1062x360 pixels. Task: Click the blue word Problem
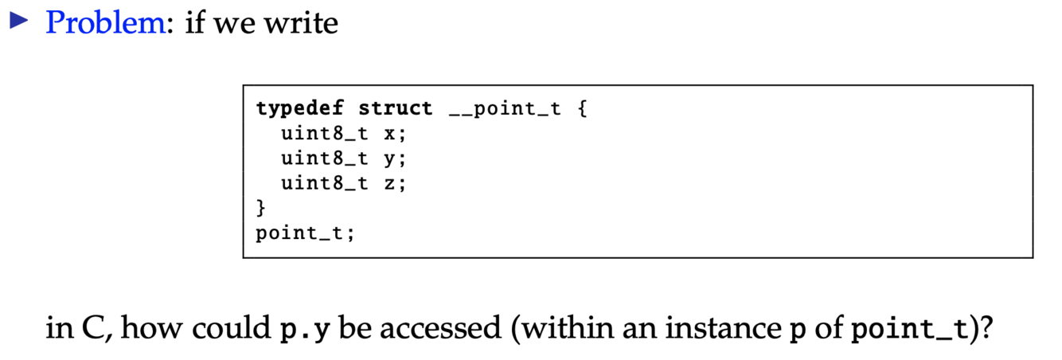coord(104,22)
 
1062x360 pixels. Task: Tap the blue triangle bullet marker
coord(17,22)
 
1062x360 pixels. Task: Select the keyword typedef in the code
coord(299,108)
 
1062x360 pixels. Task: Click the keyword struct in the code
coord(396,108)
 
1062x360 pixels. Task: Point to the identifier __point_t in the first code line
coord(505,108)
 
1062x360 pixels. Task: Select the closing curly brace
coord(260,209)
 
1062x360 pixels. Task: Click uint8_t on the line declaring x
coord(325,134)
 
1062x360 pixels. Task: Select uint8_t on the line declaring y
coord(325,158)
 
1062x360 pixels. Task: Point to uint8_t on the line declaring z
coord(325,184)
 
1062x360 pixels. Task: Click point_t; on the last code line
coord(305,234)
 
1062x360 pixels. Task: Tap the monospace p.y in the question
coord(306,329)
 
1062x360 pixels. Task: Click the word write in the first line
coord(305,22)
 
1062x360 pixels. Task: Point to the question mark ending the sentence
coord(987,328)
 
